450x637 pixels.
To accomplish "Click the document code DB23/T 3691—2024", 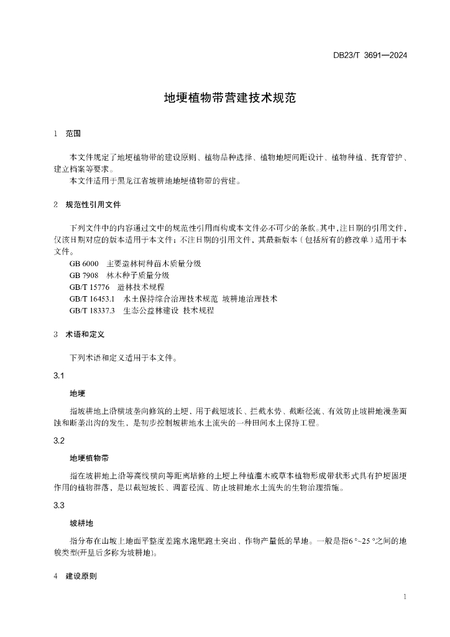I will click(370, 55).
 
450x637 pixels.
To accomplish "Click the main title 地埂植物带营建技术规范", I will click(224, 98).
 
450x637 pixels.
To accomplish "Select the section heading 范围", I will click(73, 133).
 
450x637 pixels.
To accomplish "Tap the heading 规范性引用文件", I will click(93, 204).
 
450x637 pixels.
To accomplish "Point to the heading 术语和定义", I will click(85, 334).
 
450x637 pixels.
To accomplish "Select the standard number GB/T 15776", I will click(90, 287).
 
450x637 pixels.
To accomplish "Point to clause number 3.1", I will click(59, 376).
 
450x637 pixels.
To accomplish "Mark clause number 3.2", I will click(59, 441).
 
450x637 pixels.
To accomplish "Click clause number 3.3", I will click(59, 506).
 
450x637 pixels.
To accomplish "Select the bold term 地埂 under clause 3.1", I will click(77, 393).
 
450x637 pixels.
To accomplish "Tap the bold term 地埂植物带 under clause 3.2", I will click(90, 458).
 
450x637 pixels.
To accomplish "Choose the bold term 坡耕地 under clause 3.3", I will click(81, 524).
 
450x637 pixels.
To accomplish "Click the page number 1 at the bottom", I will click(405, 597).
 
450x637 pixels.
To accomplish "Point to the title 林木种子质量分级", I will click(137, 275).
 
